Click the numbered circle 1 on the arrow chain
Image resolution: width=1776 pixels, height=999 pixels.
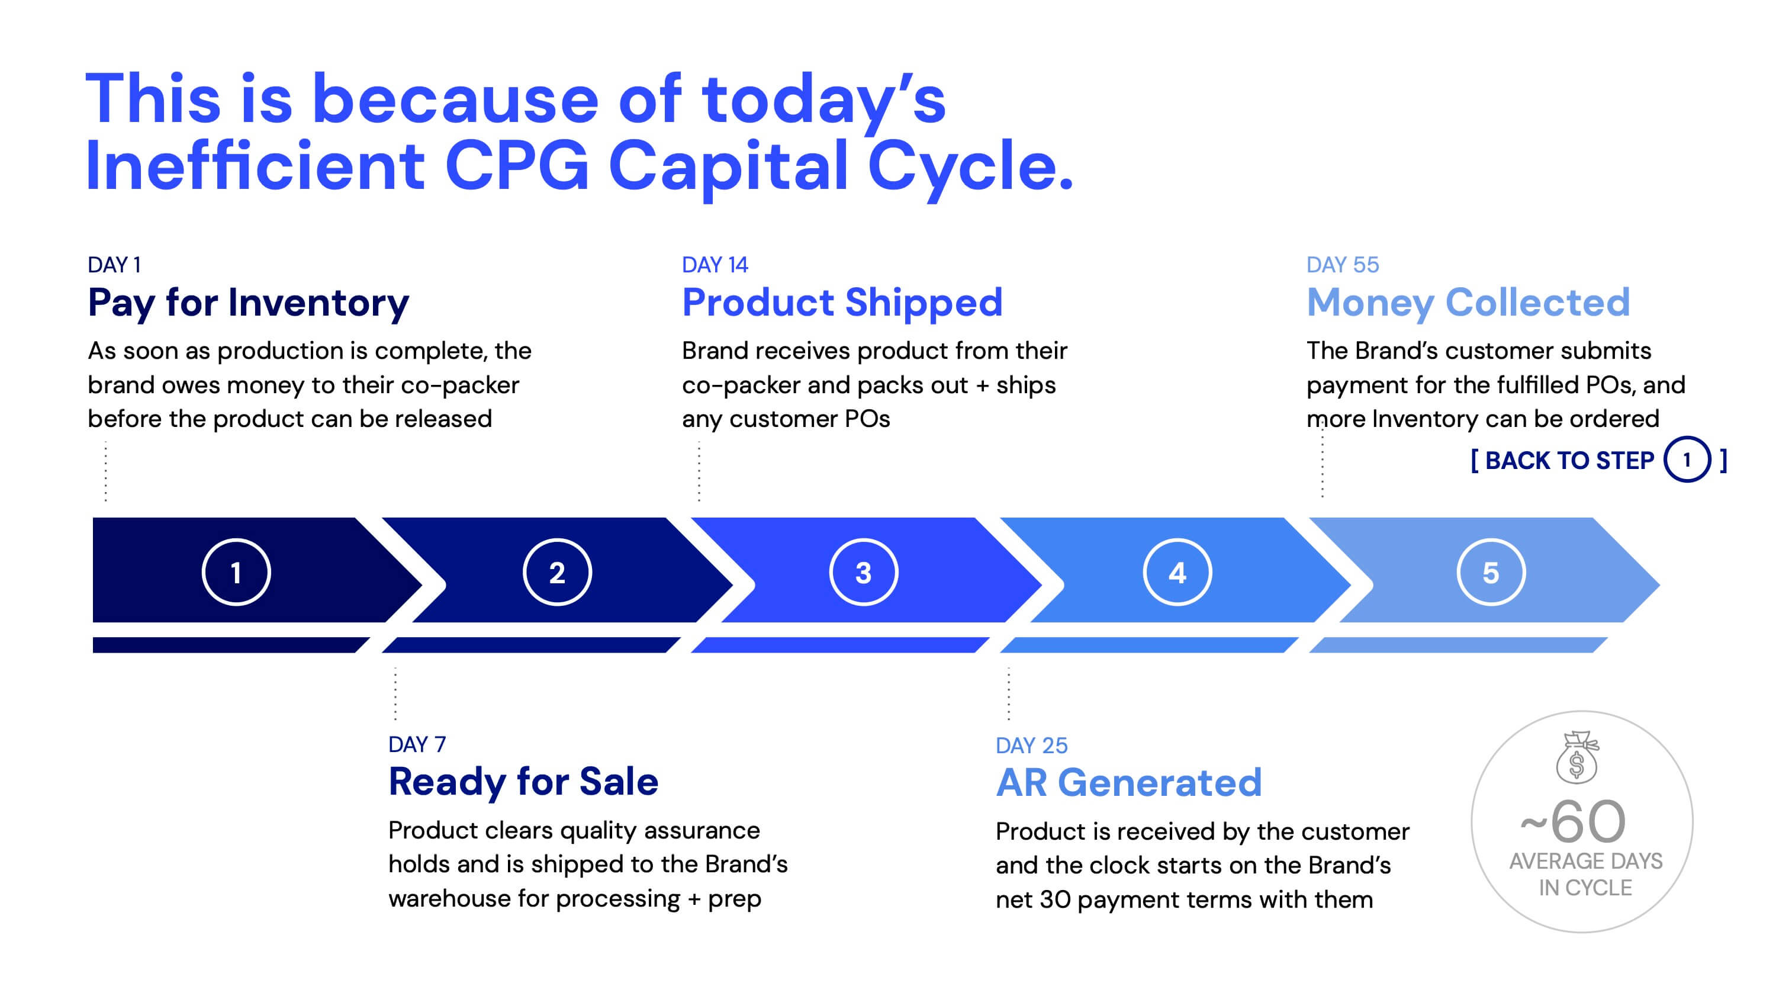point(236,572)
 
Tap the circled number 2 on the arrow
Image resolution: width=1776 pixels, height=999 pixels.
point(557,572)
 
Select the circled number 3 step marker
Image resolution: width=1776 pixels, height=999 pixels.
point(863,572)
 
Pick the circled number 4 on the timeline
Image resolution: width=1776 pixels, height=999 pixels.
point(1177,572)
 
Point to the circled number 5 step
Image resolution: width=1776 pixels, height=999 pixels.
point(1491,572)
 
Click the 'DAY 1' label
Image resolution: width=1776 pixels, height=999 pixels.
point(114,265)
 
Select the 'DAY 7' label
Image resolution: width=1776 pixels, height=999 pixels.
point(417,744)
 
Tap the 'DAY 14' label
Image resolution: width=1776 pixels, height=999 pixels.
point(715,265)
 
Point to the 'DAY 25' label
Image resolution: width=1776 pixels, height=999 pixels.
point(1031,746)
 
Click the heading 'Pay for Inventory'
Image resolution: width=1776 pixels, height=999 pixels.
point(248,303)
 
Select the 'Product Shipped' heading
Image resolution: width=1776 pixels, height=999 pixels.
point(842,303)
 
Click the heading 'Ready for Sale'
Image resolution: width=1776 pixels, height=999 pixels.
point(523,782)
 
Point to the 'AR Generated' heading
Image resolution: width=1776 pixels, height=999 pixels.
point(1128,782)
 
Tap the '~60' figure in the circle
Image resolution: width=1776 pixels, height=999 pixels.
point(1574,821)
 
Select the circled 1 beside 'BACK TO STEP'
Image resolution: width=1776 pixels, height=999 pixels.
point(1687,460)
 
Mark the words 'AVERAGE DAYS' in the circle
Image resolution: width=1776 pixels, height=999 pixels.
point(1586,861)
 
